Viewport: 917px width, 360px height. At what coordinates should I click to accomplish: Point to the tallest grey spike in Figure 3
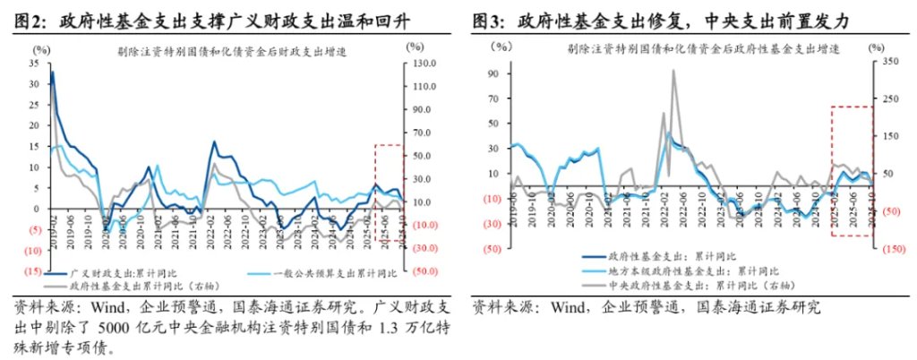(x=673, y=71)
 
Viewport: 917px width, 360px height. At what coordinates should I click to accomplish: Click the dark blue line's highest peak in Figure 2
(x=52, y=73)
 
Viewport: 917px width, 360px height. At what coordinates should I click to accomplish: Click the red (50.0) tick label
(x=424, y=270)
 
